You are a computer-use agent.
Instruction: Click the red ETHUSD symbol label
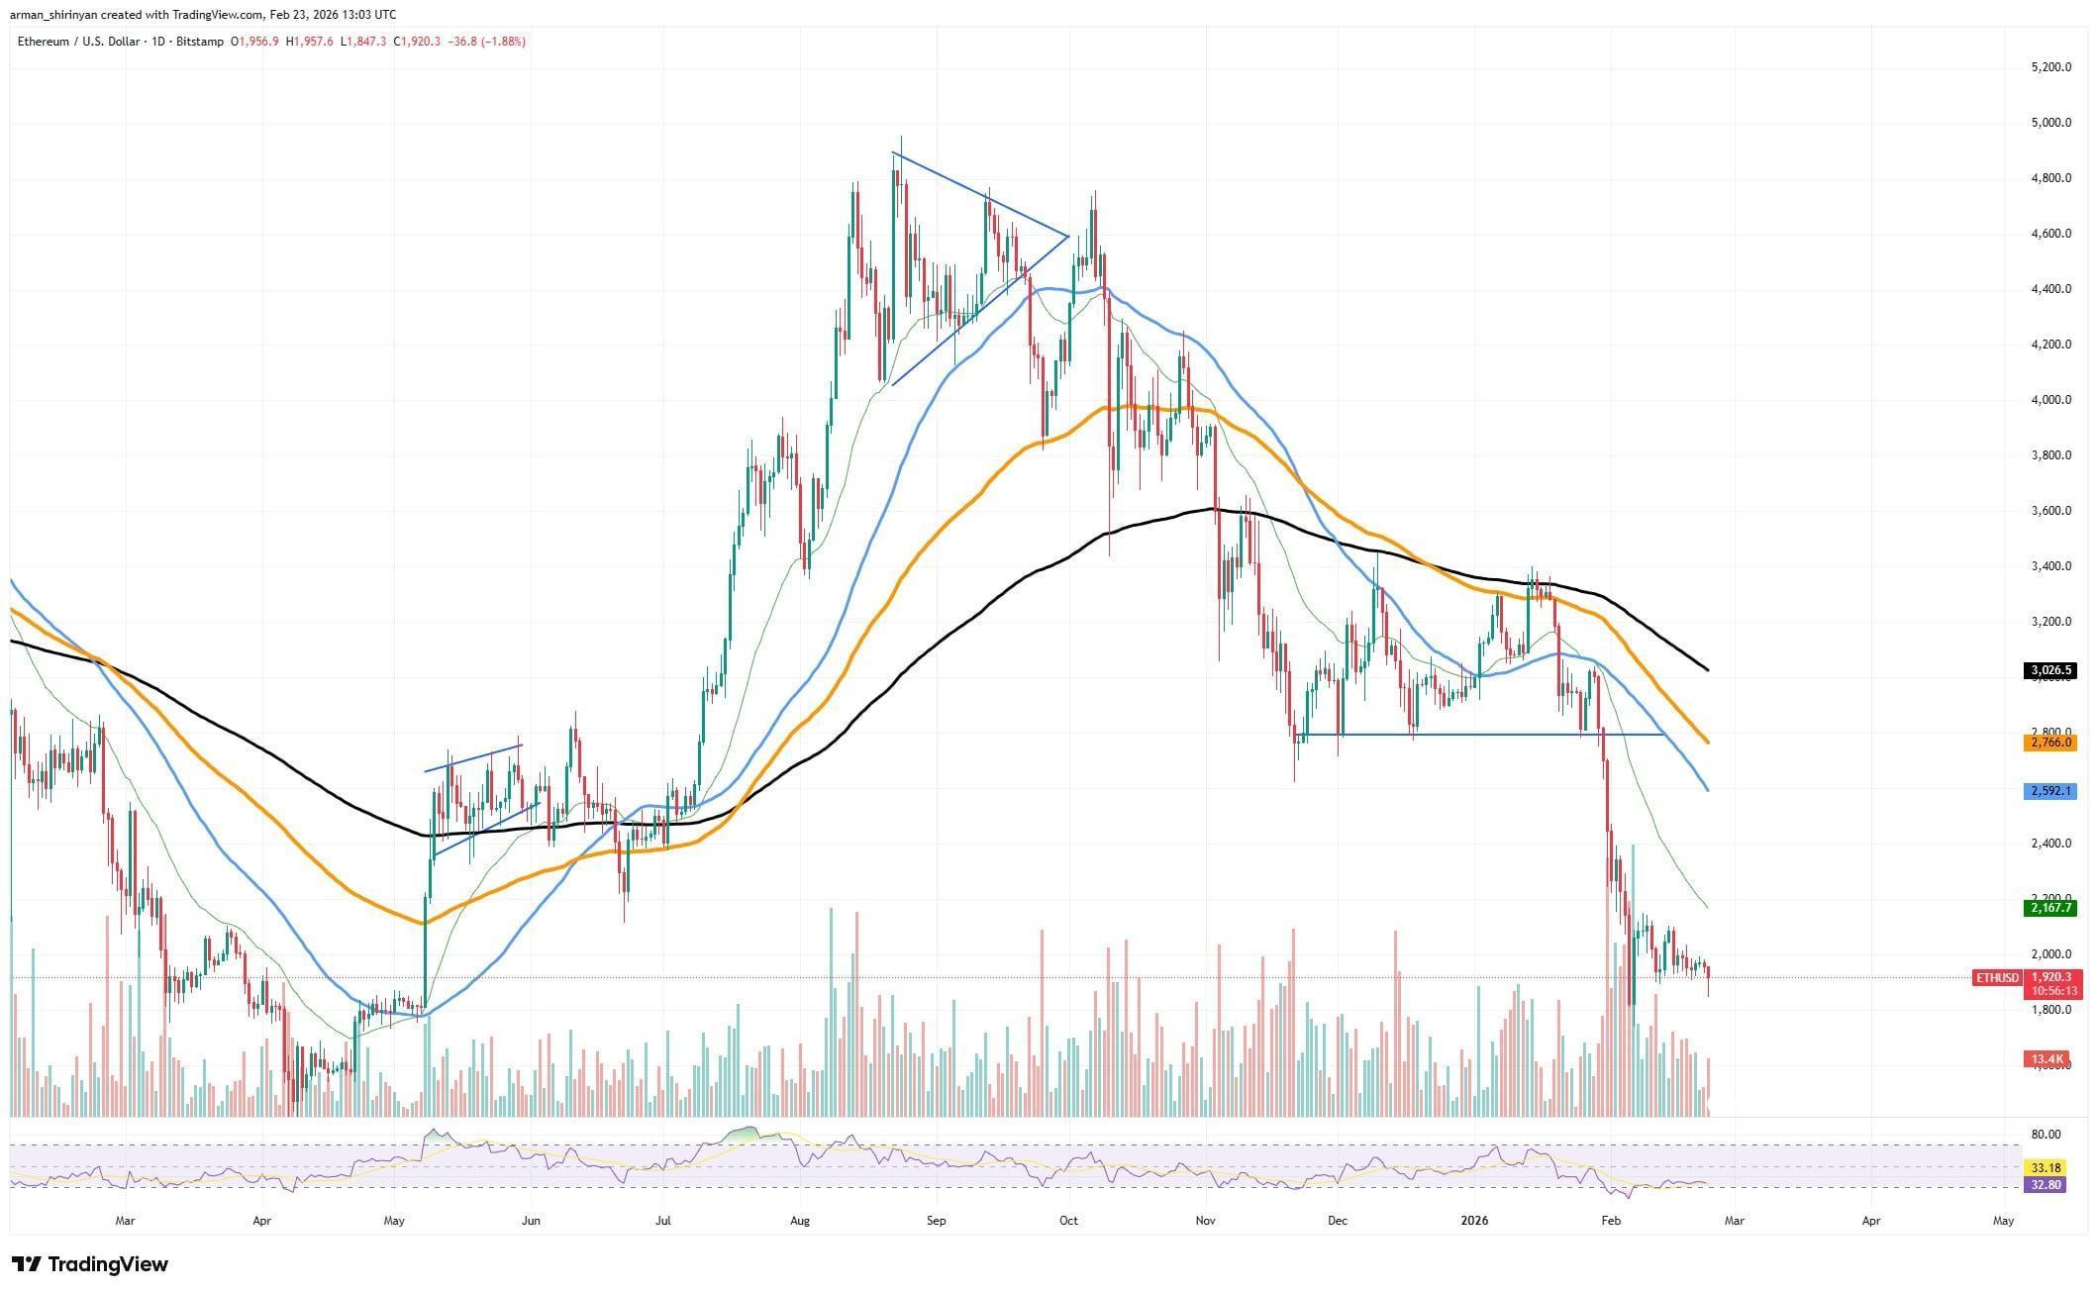tap(1996, 978)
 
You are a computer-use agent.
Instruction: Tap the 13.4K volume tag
tap(2047, 1059)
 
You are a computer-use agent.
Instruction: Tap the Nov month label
tap(1205, 1221)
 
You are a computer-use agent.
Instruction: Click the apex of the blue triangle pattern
tap(1068, 236)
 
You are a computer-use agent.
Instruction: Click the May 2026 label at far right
tap(2003, 1221)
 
